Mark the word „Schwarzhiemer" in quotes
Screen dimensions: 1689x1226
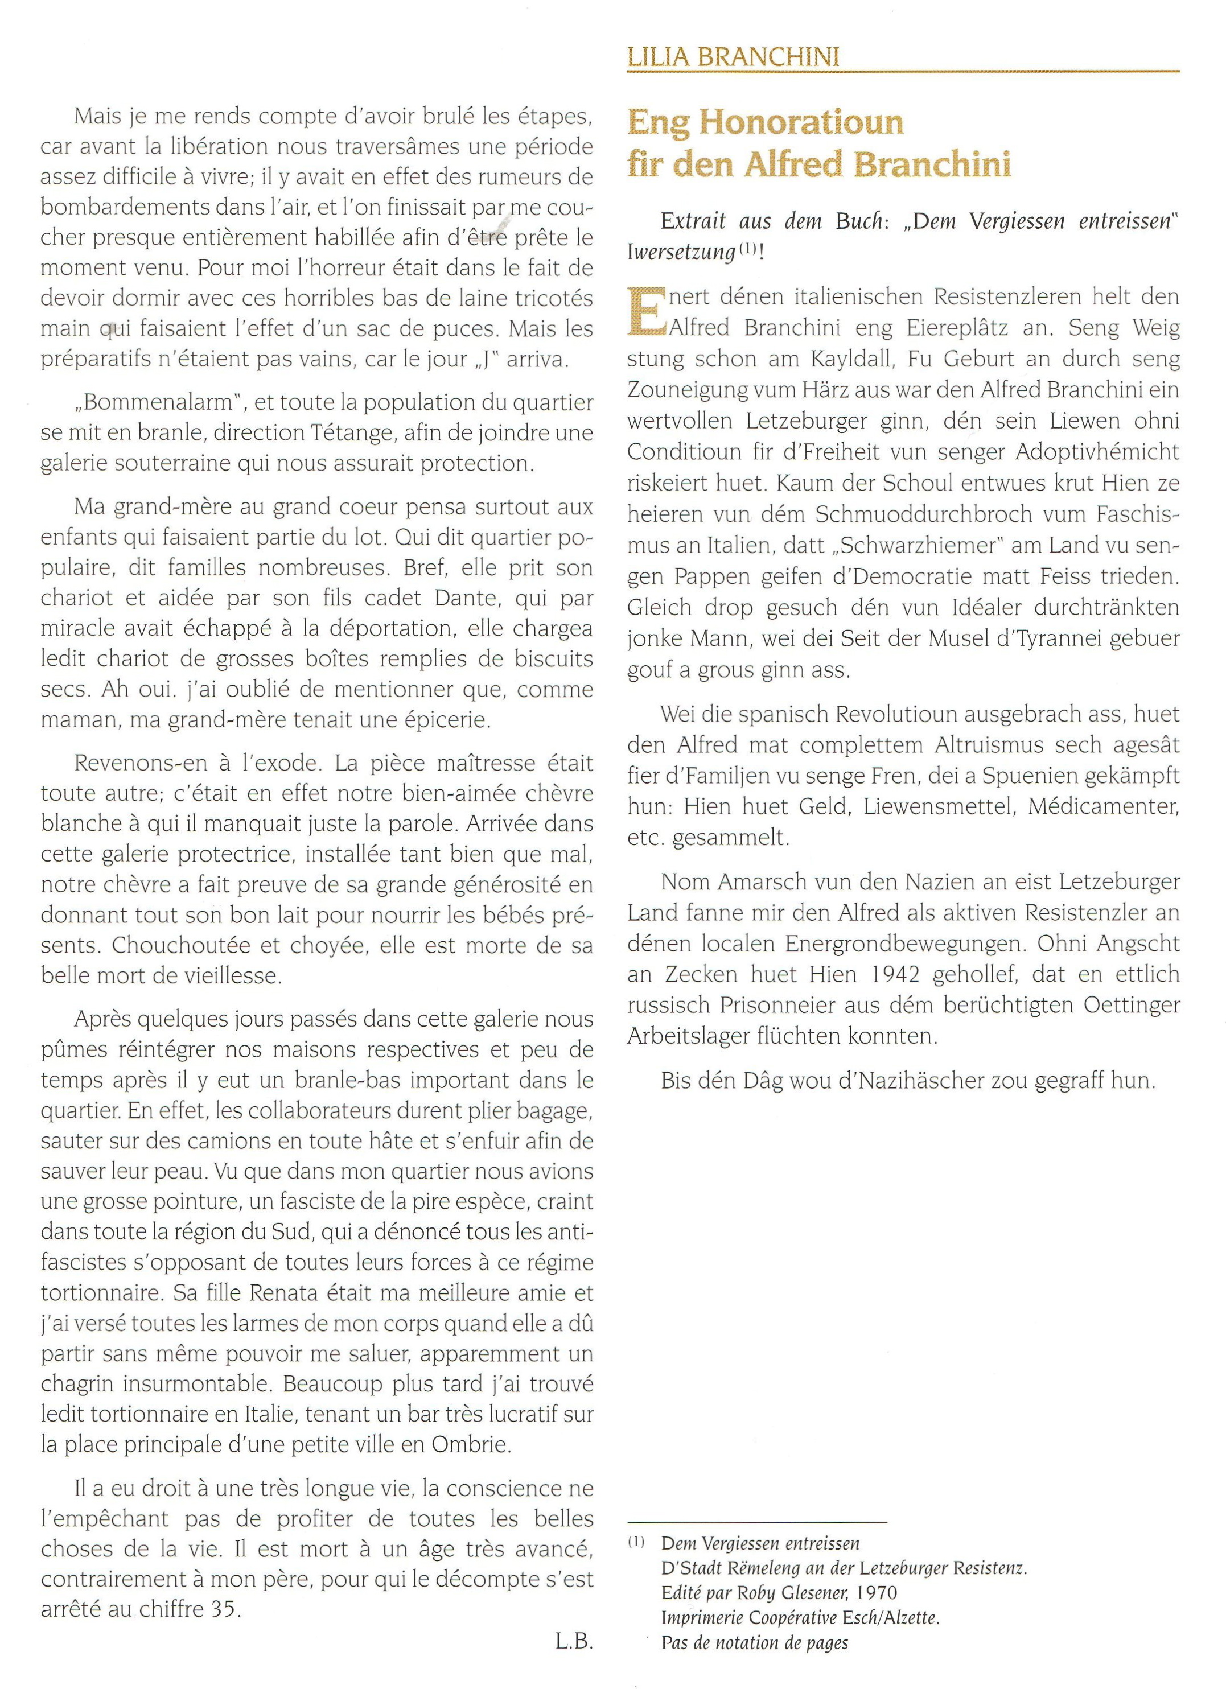pyautogui.click(x=929, y=545)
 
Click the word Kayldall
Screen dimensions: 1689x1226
pyautogui.click(x=843, y=359)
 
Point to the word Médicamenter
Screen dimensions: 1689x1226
pyautogui.click(x=1103, y=806)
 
